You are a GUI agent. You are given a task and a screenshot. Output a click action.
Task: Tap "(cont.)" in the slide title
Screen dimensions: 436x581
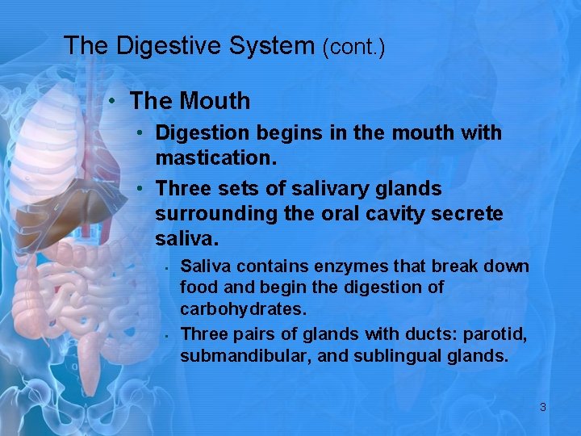[353, 47]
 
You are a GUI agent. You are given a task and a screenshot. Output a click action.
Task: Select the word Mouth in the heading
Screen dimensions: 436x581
[215, 102]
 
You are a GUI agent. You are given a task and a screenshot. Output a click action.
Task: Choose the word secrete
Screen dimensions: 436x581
[469, 214]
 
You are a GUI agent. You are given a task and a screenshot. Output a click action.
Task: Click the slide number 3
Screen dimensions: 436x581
[543, 407]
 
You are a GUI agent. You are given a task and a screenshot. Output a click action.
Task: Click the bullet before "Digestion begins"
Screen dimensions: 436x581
[140, 132]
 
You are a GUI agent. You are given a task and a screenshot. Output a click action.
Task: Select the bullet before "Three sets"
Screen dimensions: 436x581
[140, 189]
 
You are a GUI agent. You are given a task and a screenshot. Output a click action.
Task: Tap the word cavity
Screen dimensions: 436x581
[389, 214]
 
